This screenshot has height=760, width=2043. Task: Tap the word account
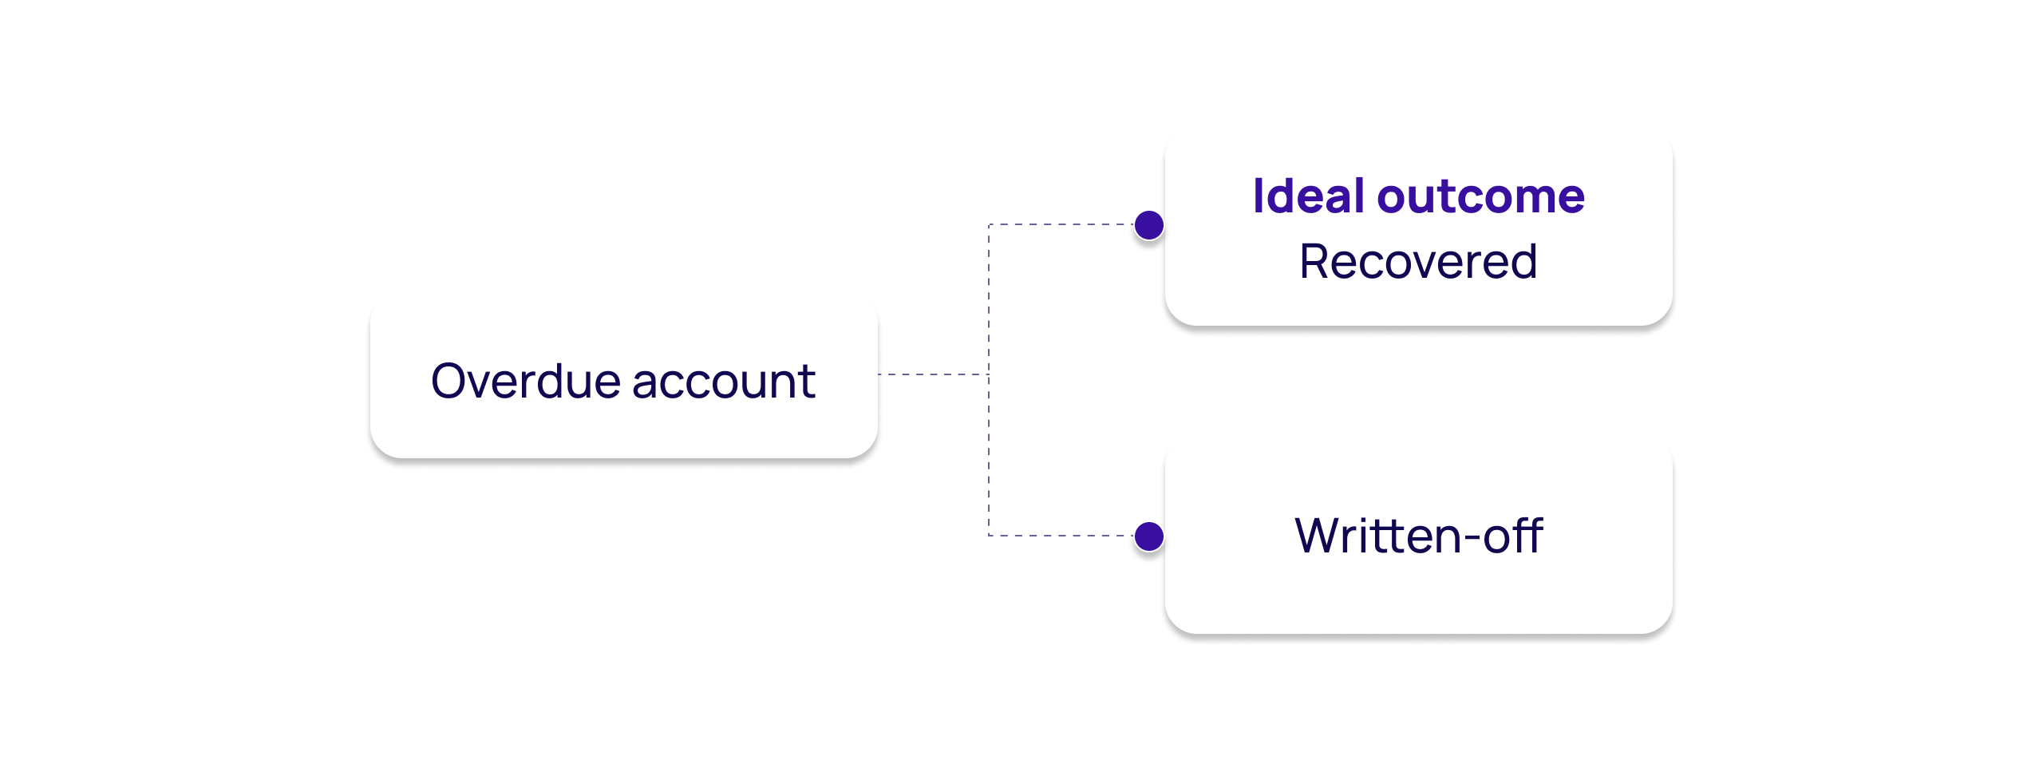pyautogui.click(x=724, y=382)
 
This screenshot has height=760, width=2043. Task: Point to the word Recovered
pyautogui.click(x=1418, y=262)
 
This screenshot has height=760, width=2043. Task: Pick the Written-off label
pyautogui.click(x=1418, y=536)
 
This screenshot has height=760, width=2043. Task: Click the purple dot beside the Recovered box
pyautogui.click(x=1149, y=225)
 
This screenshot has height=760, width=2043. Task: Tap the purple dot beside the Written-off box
pyautogui.click(x=1149, y=536)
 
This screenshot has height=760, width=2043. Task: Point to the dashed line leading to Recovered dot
pyautogui.click(x=1061, y=225)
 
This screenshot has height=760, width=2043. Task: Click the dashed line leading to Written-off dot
pyautogui.click(x=1061, y=536)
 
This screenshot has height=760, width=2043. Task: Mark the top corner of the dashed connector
pyautogui.click(x=990, y=225)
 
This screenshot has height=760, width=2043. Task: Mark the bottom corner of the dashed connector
pyautogui.click(x=990, y=536)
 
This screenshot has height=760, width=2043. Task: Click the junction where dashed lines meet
pyautogui.click(x=989, y=374)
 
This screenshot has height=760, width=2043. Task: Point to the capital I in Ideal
pyautogui.click(x=1259, y=196)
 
